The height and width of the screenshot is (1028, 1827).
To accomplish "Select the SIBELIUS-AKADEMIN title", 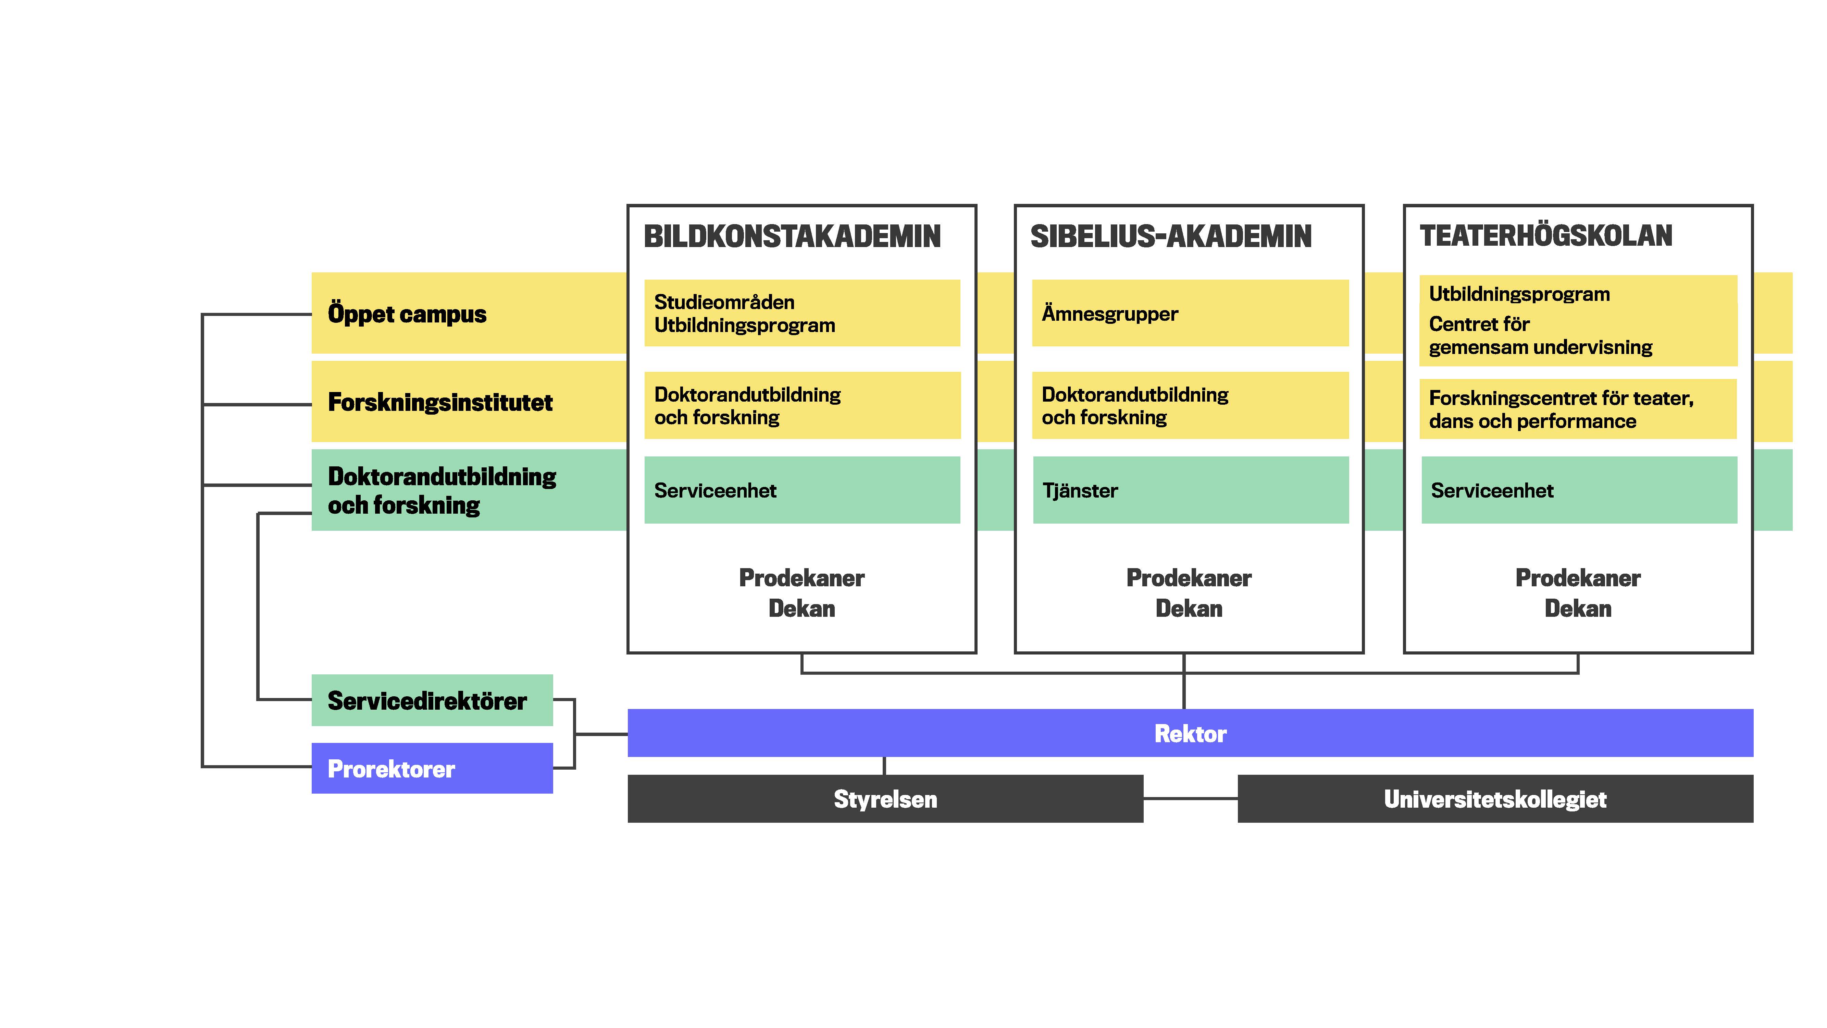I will click(1171, 236).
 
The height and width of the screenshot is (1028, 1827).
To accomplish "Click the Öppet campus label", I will click(407, 314).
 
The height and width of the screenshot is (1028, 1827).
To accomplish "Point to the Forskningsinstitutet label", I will click(440, 402).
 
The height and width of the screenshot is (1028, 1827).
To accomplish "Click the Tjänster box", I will click(1190, 490).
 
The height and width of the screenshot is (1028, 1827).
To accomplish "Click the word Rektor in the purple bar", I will click(1190, 734).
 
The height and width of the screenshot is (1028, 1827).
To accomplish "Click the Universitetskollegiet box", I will click(1495, 799).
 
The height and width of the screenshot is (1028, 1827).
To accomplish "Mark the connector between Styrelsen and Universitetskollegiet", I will click(1190, 799).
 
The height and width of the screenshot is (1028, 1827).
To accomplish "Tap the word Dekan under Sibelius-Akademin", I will click(1189, 609).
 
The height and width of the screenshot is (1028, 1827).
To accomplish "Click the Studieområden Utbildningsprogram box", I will click(801, 313).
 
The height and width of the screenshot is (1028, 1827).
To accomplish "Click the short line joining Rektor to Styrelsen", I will click(884, 766).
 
